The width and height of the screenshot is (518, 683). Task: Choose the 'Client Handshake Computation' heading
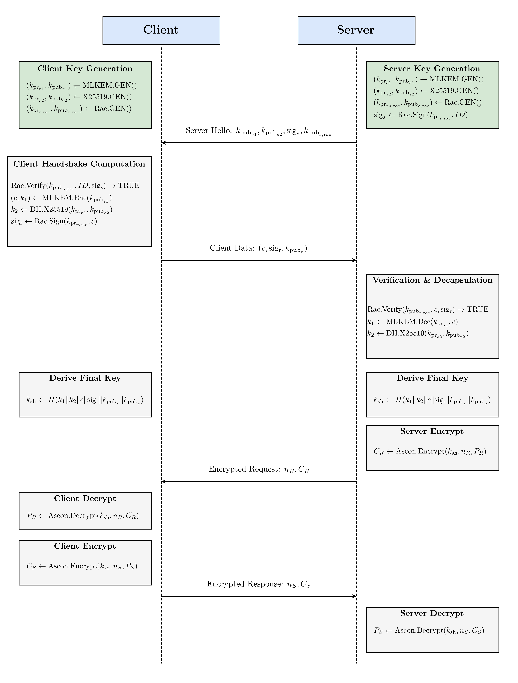[79, 164]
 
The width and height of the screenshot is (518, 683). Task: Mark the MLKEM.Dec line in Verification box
[412, 322]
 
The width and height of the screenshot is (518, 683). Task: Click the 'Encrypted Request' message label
[259, 469]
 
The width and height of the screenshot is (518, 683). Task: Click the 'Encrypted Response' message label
[259, 584]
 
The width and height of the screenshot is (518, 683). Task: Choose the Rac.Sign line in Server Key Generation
[420, 115]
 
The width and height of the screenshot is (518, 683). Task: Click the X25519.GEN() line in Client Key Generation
[79, 97]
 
